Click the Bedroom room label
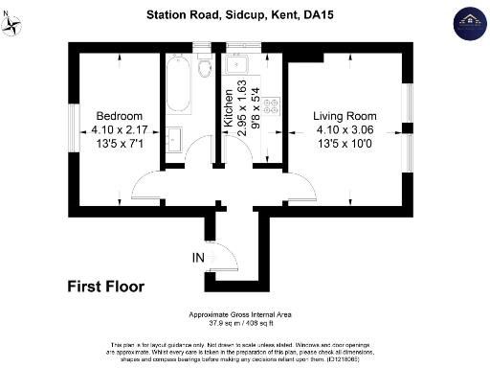pos(118,116)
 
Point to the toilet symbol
pos(204,69)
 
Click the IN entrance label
pos(197,257)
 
